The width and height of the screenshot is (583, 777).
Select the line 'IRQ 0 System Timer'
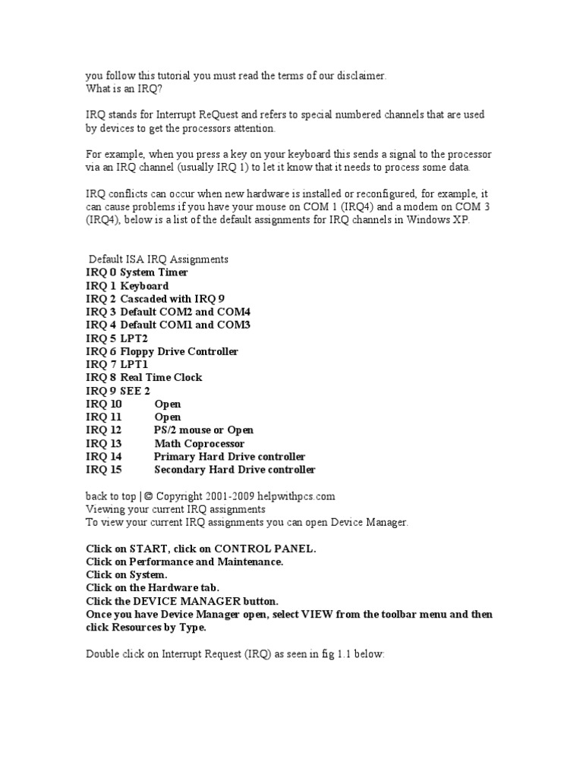tap(137, 272)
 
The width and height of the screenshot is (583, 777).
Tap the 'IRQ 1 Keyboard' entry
tap(127, 286)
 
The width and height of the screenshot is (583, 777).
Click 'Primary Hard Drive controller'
tap(229, 457)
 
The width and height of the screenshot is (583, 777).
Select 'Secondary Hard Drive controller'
tap(235, 470)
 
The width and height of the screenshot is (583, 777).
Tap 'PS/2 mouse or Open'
tap(203, 430)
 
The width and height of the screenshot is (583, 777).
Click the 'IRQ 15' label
tap(104, 470)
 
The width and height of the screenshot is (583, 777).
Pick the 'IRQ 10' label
tap(104, 404)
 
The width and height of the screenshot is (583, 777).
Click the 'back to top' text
tap(111, 496)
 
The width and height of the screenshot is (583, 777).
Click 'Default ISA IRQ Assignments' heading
tap(159, 260)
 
